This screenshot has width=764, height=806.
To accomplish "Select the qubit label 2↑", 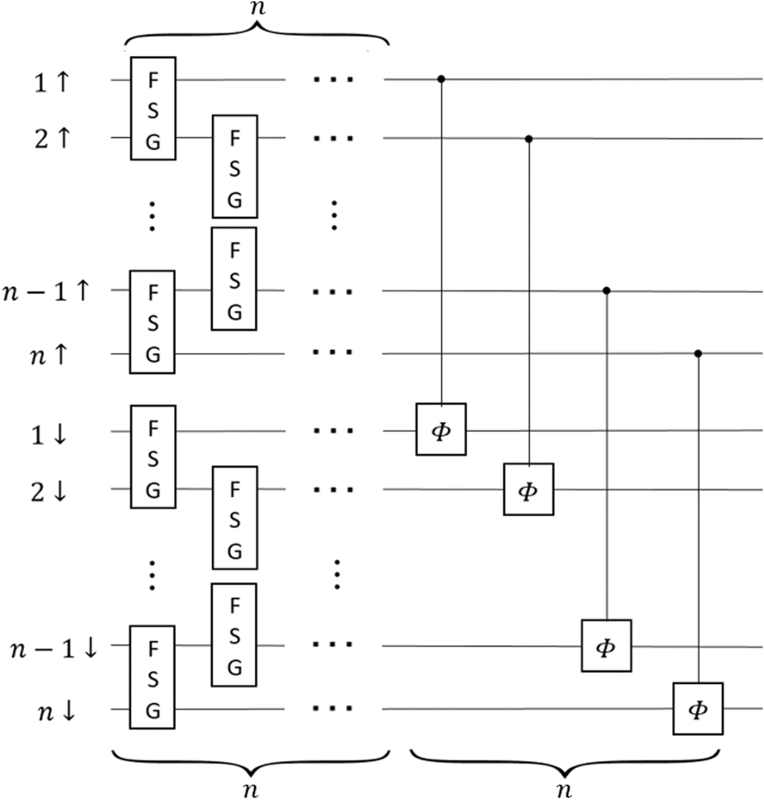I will click(52, 139).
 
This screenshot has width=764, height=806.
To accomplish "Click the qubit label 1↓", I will click(49, 435).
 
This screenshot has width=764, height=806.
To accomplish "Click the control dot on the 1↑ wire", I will click(441, 80).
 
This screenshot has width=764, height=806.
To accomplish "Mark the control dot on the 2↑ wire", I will click(528, 139).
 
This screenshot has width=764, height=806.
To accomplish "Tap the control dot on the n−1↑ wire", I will click(606, 291).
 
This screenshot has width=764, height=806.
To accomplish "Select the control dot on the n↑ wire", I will click(697, 354).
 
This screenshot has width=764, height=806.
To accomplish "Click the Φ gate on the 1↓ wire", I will click(441, 429).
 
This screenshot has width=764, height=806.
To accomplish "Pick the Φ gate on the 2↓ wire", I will click(528, 489).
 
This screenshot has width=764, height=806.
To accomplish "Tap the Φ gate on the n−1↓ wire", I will click(606, 646).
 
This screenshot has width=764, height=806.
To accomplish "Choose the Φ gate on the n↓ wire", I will click(697, 708).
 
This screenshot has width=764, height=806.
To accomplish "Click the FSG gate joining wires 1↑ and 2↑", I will click(153, 109).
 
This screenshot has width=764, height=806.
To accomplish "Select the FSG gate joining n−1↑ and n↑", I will click(152, 322).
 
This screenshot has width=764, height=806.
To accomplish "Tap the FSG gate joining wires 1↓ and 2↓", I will click(153, 457).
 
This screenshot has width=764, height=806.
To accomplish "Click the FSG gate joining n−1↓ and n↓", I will click(152, 677).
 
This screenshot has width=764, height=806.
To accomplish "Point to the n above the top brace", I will click(257, 9).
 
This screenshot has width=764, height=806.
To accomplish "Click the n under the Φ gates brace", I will click(564, 789).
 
